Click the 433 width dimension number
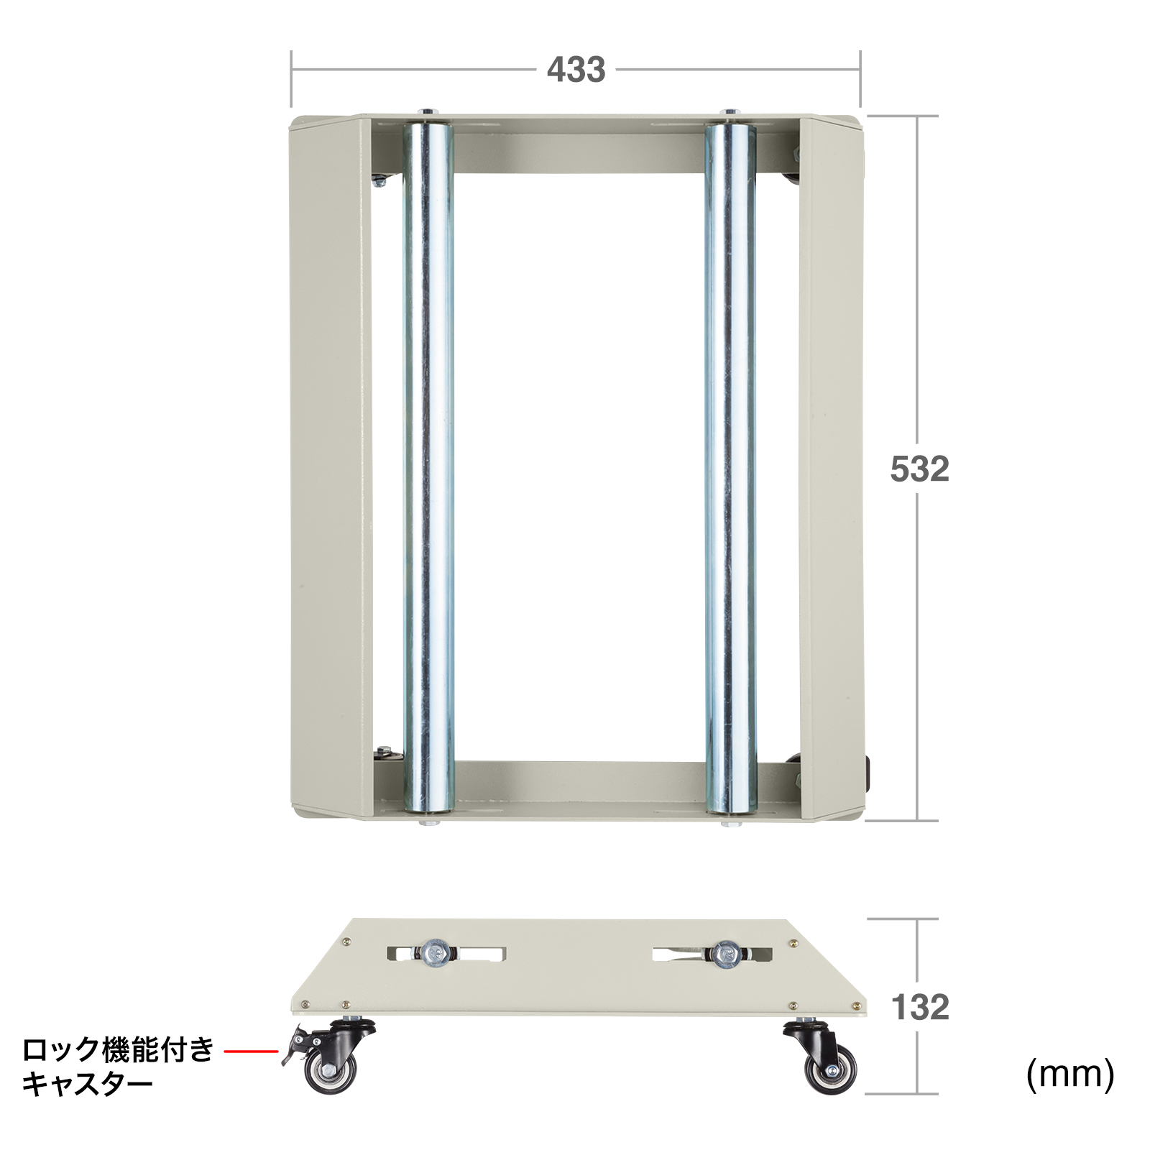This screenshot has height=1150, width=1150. [x=576, y=70]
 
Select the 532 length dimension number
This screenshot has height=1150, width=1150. [x=919, y=469]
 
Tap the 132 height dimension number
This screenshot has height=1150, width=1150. [x=920, y=1007]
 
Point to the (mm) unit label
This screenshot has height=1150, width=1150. [x=1070, y=1075]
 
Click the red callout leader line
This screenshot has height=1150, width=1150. [x=251, y=1052]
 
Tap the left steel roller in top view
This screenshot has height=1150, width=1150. [x=428, y=467]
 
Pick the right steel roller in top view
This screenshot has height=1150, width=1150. [x=731, y=467]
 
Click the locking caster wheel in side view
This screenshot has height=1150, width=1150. [x=329, y=1057]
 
